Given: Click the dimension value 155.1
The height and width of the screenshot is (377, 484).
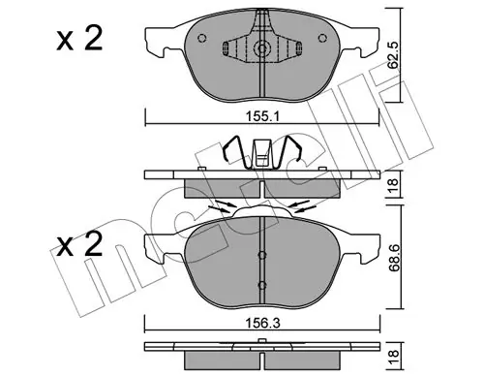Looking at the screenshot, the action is click(262, 116).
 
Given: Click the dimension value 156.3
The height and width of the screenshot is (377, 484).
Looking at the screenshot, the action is click(263, 323).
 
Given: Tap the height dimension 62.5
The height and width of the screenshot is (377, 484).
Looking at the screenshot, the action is click(393, 55).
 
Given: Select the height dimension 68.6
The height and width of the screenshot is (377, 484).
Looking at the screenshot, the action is click(394, 258).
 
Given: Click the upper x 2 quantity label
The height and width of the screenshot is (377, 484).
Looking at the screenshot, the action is click(79, 39).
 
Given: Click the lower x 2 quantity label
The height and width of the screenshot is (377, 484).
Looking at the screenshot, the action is click(79, 244).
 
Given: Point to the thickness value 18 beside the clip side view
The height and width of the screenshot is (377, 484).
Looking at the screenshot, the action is click(394, 185).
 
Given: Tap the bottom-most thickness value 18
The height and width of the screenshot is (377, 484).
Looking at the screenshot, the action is click(394, 358).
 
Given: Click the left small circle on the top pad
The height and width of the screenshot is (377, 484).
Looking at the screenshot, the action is click(202, 38).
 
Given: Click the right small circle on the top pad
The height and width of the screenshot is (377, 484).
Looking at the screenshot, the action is click(322, 38).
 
